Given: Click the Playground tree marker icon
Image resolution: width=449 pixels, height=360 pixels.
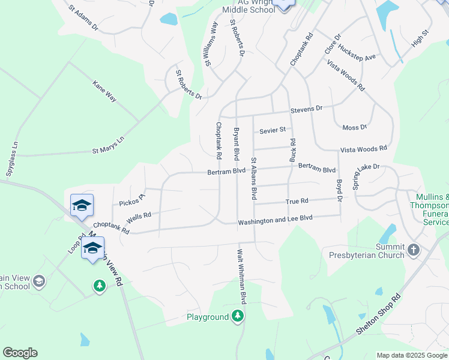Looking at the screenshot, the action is click(238, 316).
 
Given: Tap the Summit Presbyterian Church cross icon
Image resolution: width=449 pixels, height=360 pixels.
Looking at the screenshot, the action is click(413, 250).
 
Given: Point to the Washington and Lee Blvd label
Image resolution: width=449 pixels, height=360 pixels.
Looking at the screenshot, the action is click(276, 221).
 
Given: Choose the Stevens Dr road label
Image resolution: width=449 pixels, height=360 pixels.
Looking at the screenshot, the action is click(307, 109).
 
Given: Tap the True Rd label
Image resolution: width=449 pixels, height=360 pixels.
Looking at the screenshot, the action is click(297, 202).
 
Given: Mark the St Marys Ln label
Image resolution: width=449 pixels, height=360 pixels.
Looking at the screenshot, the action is click(108, 146).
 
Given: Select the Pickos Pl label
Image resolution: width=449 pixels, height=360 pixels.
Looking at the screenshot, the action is click(132, 200).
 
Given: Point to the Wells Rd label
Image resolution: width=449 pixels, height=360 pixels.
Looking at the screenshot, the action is click(139, 215).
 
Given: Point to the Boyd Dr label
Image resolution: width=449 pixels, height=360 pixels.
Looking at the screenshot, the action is click(339, 190).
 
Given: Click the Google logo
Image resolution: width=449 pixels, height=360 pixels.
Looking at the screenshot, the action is click(20, 352).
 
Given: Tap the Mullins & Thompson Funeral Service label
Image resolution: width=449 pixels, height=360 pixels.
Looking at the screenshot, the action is click(430, 209).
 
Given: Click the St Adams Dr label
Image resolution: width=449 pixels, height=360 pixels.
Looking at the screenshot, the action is click(83, 18).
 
